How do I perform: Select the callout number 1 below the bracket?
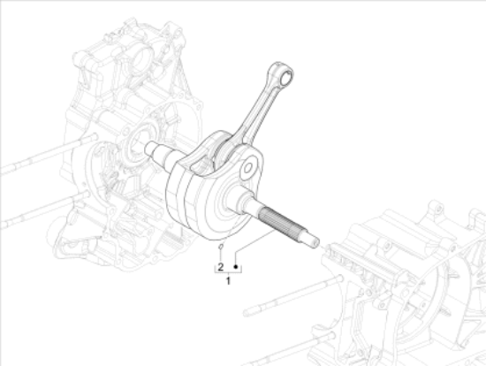[x=228, y=281]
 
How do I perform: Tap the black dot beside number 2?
[x=236, y=264]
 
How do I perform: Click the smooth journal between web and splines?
[x=252, y=202]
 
